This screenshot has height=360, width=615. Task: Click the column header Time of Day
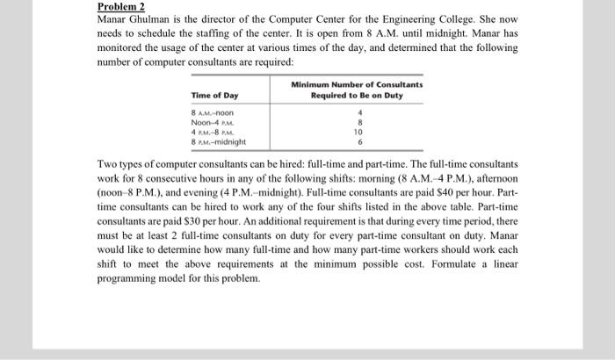(214, 96)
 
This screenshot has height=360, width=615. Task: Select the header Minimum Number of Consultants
(357, 84)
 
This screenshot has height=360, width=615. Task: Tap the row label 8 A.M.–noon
(212, 112)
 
